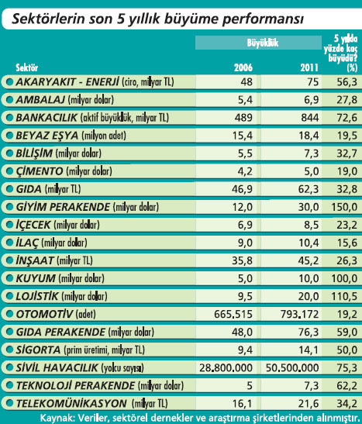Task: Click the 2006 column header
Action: tap(243, 67)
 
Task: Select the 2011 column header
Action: tap(309, 67)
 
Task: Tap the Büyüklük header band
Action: tap(258, 43)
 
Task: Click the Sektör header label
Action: tap(27, 67)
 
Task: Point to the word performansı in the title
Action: tap(263, 19)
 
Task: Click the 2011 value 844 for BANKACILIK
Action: tap(310, 118)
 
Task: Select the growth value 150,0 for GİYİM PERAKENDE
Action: tap(344, 207)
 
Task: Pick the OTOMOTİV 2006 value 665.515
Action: tap(233, 314)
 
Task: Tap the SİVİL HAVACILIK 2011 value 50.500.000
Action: tap(292, 367)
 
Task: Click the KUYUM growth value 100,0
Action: tap(344, 278)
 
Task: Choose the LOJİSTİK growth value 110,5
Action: tap(344, 296)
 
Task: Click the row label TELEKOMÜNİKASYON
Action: tap(71, 403)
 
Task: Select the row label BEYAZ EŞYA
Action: tap(47, 136)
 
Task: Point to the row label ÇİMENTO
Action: tap(40, 171)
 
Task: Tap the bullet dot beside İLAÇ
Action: tap(9, 243)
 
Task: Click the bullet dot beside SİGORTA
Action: tap(9, 350)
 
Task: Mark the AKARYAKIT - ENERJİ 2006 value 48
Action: tap(247, 82)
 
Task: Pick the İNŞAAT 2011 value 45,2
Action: tap(309, 260)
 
